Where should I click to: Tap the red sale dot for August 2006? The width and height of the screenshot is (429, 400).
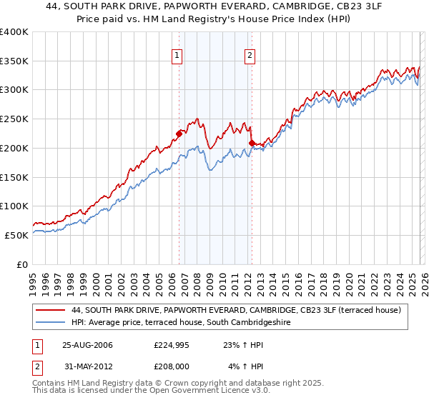(179, 132)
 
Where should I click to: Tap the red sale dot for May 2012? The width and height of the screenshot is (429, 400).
(252, 143)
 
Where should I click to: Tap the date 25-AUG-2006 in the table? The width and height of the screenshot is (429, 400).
(87, 345)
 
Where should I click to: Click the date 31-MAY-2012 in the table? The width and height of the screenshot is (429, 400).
(87, 366)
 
